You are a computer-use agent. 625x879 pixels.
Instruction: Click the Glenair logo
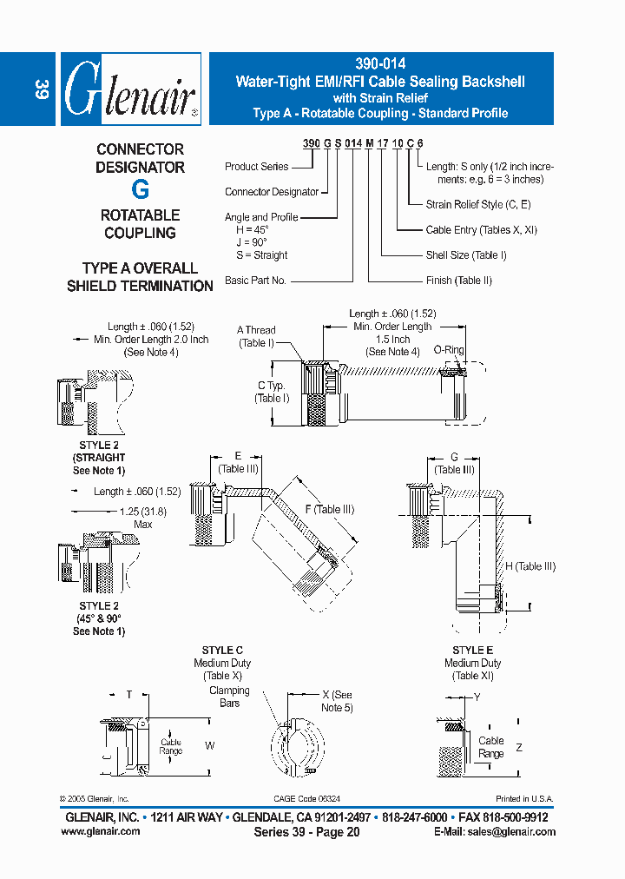point(131,89)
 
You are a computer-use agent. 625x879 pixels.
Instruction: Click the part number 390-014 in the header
point(380,63)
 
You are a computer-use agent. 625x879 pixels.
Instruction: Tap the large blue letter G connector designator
point(140,189)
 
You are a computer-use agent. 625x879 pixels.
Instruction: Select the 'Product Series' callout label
point(256,167)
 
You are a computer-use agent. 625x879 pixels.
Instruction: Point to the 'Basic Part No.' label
point(256,281)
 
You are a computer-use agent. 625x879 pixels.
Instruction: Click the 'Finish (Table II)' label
point(459,281)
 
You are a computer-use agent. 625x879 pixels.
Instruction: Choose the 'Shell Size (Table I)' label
point(466,255)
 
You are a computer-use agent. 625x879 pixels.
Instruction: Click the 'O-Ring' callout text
point(449,350)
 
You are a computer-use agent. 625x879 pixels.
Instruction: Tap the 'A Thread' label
point(256,330)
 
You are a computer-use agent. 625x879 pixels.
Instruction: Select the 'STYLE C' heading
point(222,651)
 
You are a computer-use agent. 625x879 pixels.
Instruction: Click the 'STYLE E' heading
point(473,651)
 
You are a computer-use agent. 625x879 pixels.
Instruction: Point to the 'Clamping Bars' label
point(229,697)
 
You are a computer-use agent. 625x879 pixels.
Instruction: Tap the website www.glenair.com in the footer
point(101,831)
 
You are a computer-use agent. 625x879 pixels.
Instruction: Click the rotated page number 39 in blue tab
point(40,89)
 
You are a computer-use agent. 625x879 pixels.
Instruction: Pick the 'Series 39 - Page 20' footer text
point(306,832)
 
